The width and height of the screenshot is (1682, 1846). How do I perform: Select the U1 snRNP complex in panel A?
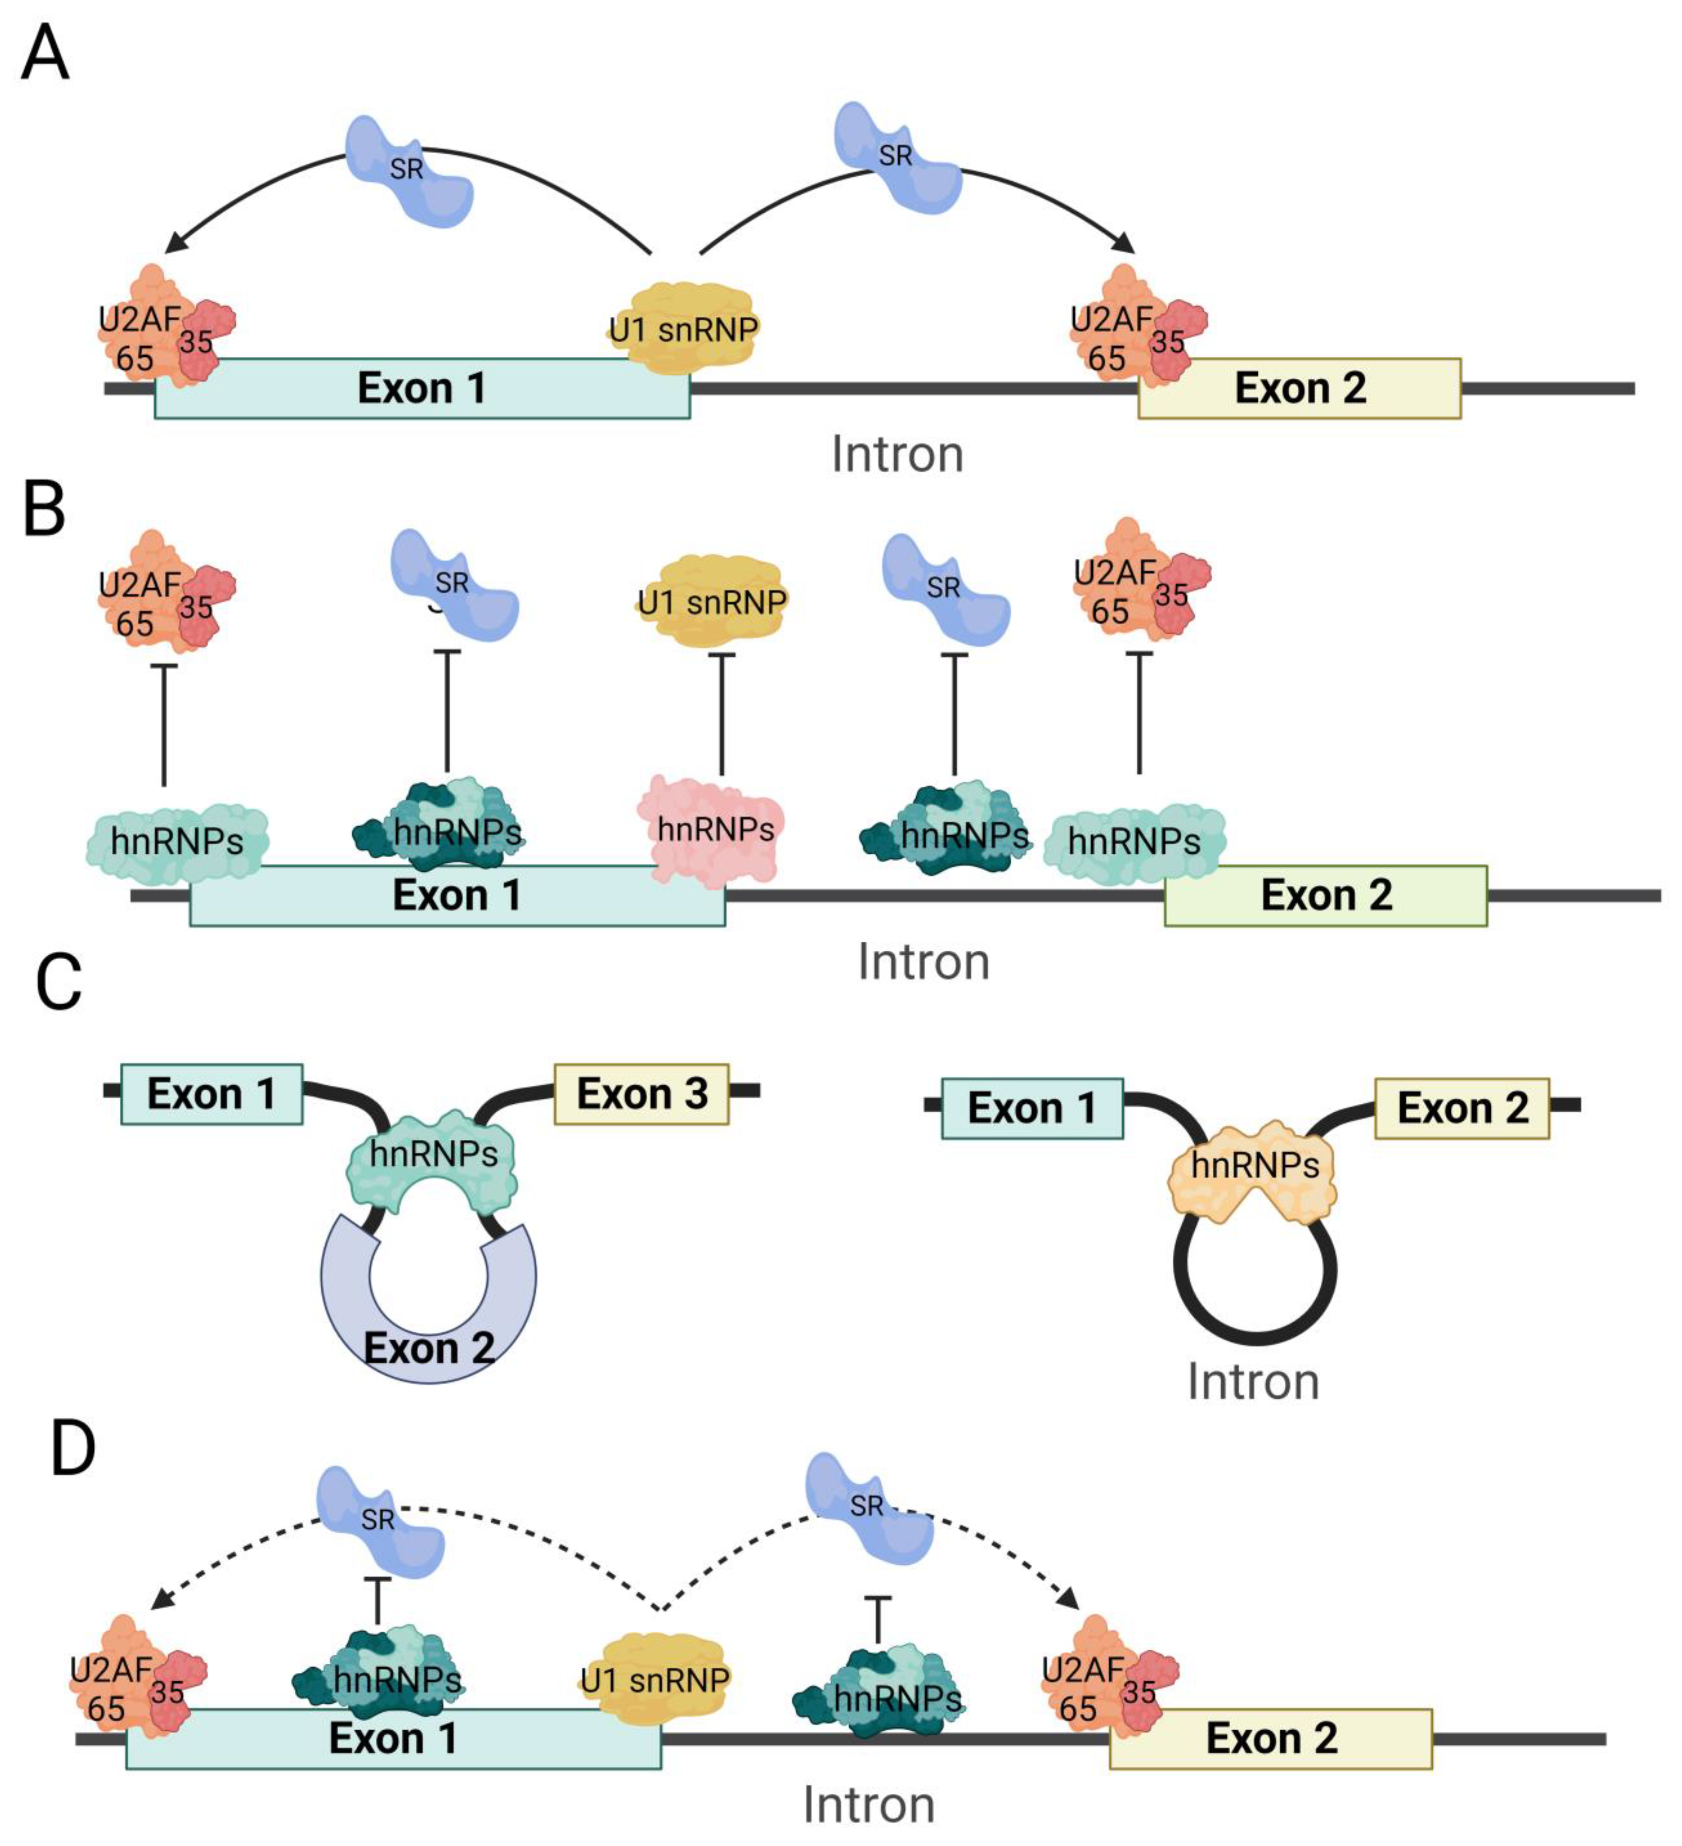click(x=682, y=328)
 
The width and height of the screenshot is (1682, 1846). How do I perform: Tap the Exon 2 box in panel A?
click(x=1299, y=388)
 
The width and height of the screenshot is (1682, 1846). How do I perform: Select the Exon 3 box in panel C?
click(x=641, y=1094)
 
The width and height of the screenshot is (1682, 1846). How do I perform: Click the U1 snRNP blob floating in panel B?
click(x=712, y=602)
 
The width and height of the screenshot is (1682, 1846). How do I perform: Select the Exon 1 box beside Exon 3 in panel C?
click(x=211, y=1094)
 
